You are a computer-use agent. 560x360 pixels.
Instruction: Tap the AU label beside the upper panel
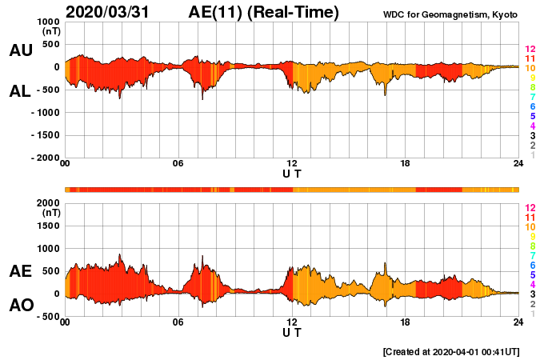20,50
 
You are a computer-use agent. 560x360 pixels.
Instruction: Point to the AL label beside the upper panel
20,91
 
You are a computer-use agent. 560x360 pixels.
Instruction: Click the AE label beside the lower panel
20,271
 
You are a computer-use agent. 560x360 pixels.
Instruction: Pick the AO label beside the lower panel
20,306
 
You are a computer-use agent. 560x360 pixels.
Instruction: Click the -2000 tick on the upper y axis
44,158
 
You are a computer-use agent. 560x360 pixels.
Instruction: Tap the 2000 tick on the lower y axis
48,203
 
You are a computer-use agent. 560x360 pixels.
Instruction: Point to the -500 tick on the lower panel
48,317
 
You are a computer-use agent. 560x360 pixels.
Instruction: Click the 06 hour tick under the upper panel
178,164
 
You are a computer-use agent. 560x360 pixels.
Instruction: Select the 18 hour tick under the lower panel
406,322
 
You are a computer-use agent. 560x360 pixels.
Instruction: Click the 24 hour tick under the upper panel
518,164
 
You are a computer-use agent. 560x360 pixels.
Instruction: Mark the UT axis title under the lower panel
292,332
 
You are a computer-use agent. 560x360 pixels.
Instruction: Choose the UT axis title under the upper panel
292,174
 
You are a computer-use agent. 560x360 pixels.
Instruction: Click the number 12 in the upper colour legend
530,49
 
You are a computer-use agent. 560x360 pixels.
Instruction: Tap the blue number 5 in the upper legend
533,116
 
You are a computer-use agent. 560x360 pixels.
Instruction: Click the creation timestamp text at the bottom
451,351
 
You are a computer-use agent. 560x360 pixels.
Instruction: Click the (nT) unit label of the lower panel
50,213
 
